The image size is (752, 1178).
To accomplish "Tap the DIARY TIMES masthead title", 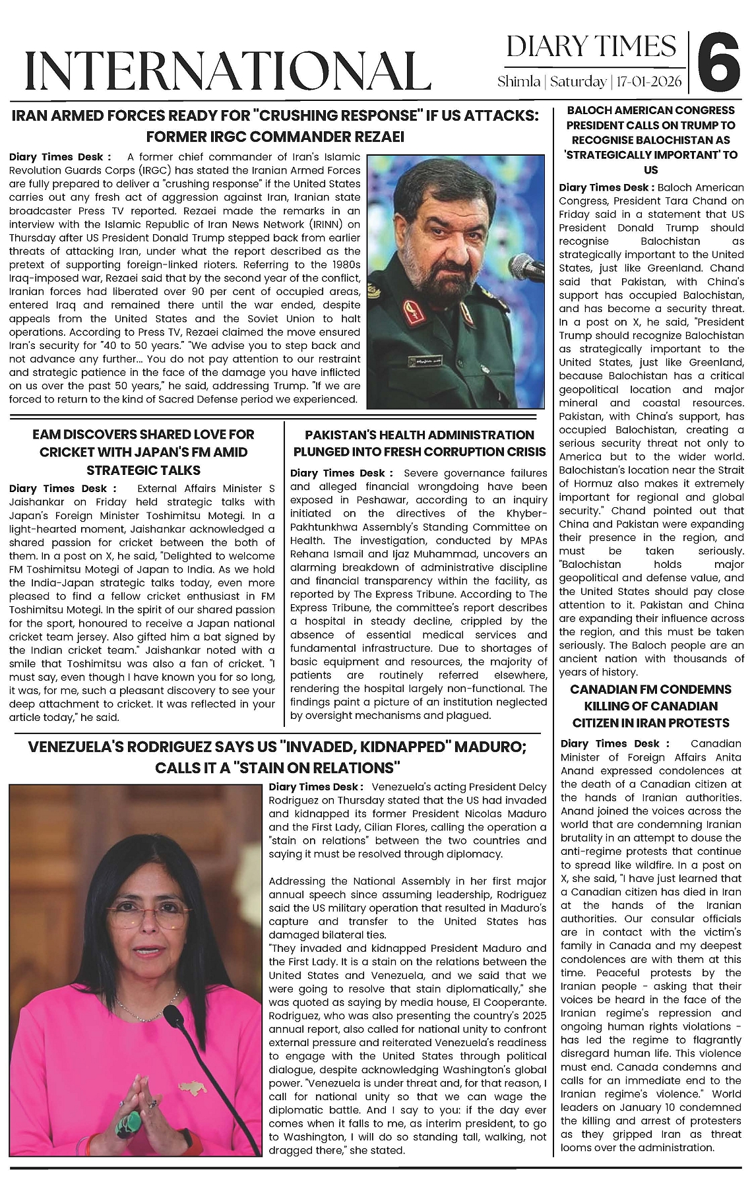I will pyautogui.click(x=592, y=47).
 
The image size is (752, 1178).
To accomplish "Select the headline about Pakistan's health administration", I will pyautogui.click(x=420, y=443).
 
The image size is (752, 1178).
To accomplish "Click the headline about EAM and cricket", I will pyautogui.click(x=143, y=452).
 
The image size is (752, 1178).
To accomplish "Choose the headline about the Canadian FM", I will pyautogui.click(x=650, y=706).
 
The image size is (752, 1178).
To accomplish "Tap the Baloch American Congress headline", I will pyautogui.click(x=650, y=140).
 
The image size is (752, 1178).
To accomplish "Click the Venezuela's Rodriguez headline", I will pyautogui.click(x=277, y=757).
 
